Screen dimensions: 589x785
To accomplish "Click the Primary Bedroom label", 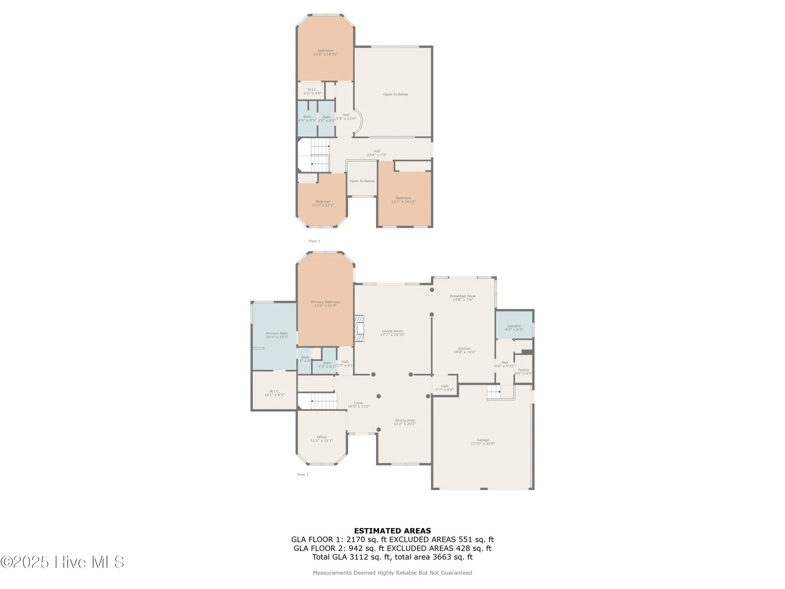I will [x=325, y=304].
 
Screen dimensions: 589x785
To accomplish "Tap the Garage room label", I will [x=482, y=442].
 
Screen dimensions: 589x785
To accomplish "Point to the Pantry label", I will [x=523, y=371].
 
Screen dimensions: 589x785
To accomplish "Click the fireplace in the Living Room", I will [x=360, y=329].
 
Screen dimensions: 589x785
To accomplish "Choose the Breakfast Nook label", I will [x=463, y=298].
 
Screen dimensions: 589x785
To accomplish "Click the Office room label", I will [x=321, y=439].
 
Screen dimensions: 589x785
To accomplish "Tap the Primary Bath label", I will [x=277, y=335].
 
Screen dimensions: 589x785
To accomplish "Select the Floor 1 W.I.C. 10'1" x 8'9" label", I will [x=274, y=393].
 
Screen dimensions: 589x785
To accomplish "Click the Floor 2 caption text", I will [x=314, y=241].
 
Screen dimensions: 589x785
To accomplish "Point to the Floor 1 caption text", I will [x=303, y=474].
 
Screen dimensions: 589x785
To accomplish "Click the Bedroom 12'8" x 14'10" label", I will [x=325, y=52].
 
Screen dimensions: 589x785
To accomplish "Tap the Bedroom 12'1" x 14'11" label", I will [x=403, y=199].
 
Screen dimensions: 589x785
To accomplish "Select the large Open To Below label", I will [x=395, y=94].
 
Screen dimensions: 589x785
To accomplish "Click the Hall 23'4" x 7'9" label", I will [x=376, y=153].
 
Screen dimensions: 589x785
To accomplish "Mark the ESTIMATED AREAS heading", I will [x=392, y=531].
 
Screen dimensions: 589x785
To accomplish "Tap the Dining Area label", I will [x=404, y=422].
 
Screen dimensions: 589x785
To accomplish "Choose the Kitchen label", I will [x=464, y=350].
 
